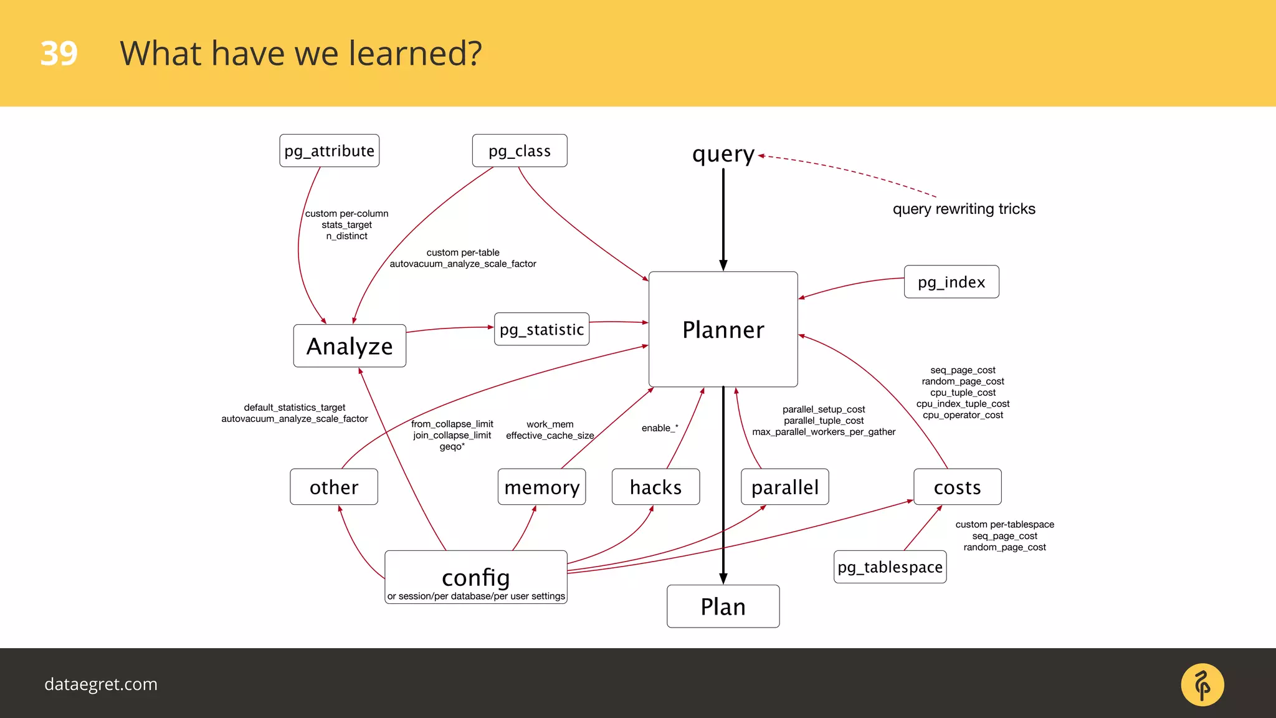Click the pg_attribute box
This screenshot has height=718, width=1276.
point(329,151)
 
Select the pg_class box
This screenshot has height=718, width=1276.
point(519,151)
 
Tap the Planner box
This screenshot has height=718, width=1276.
point(723,329)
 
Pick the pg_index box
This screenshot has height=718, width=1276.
point(951,282)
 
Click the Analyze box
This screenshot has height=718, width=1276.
point(350,346)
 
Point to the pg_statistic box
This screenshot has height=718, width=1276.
point(541,329)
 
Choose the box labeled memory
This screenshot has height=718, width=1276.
point(541,487)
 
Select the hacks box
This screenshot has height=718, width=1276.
point(655,487)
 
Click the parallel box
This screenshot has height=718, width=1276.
point(784,487)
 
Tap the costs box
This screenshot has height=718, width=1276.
point(957,487)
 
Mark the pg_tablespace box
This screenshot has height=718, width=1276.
point(890,567)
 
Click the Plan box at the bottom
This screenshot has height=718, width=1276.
point(723,606)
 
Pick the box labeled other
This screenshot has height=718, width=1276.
point(334,487)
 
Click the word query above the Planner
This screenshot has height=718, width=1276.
point(723,154)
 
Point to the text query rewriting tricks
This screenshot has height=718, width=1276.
point(964,209)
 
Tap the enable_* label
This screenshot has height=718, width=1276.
point(660,428)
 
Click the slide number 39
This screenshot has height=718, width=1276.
point(59,54)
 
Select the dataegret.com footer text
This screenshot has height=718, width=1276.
point(101,684)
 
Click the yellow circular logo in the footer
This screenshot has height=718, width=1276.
point(1202,684)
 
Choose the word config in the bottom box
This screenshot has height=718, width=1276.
point(476,577)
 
